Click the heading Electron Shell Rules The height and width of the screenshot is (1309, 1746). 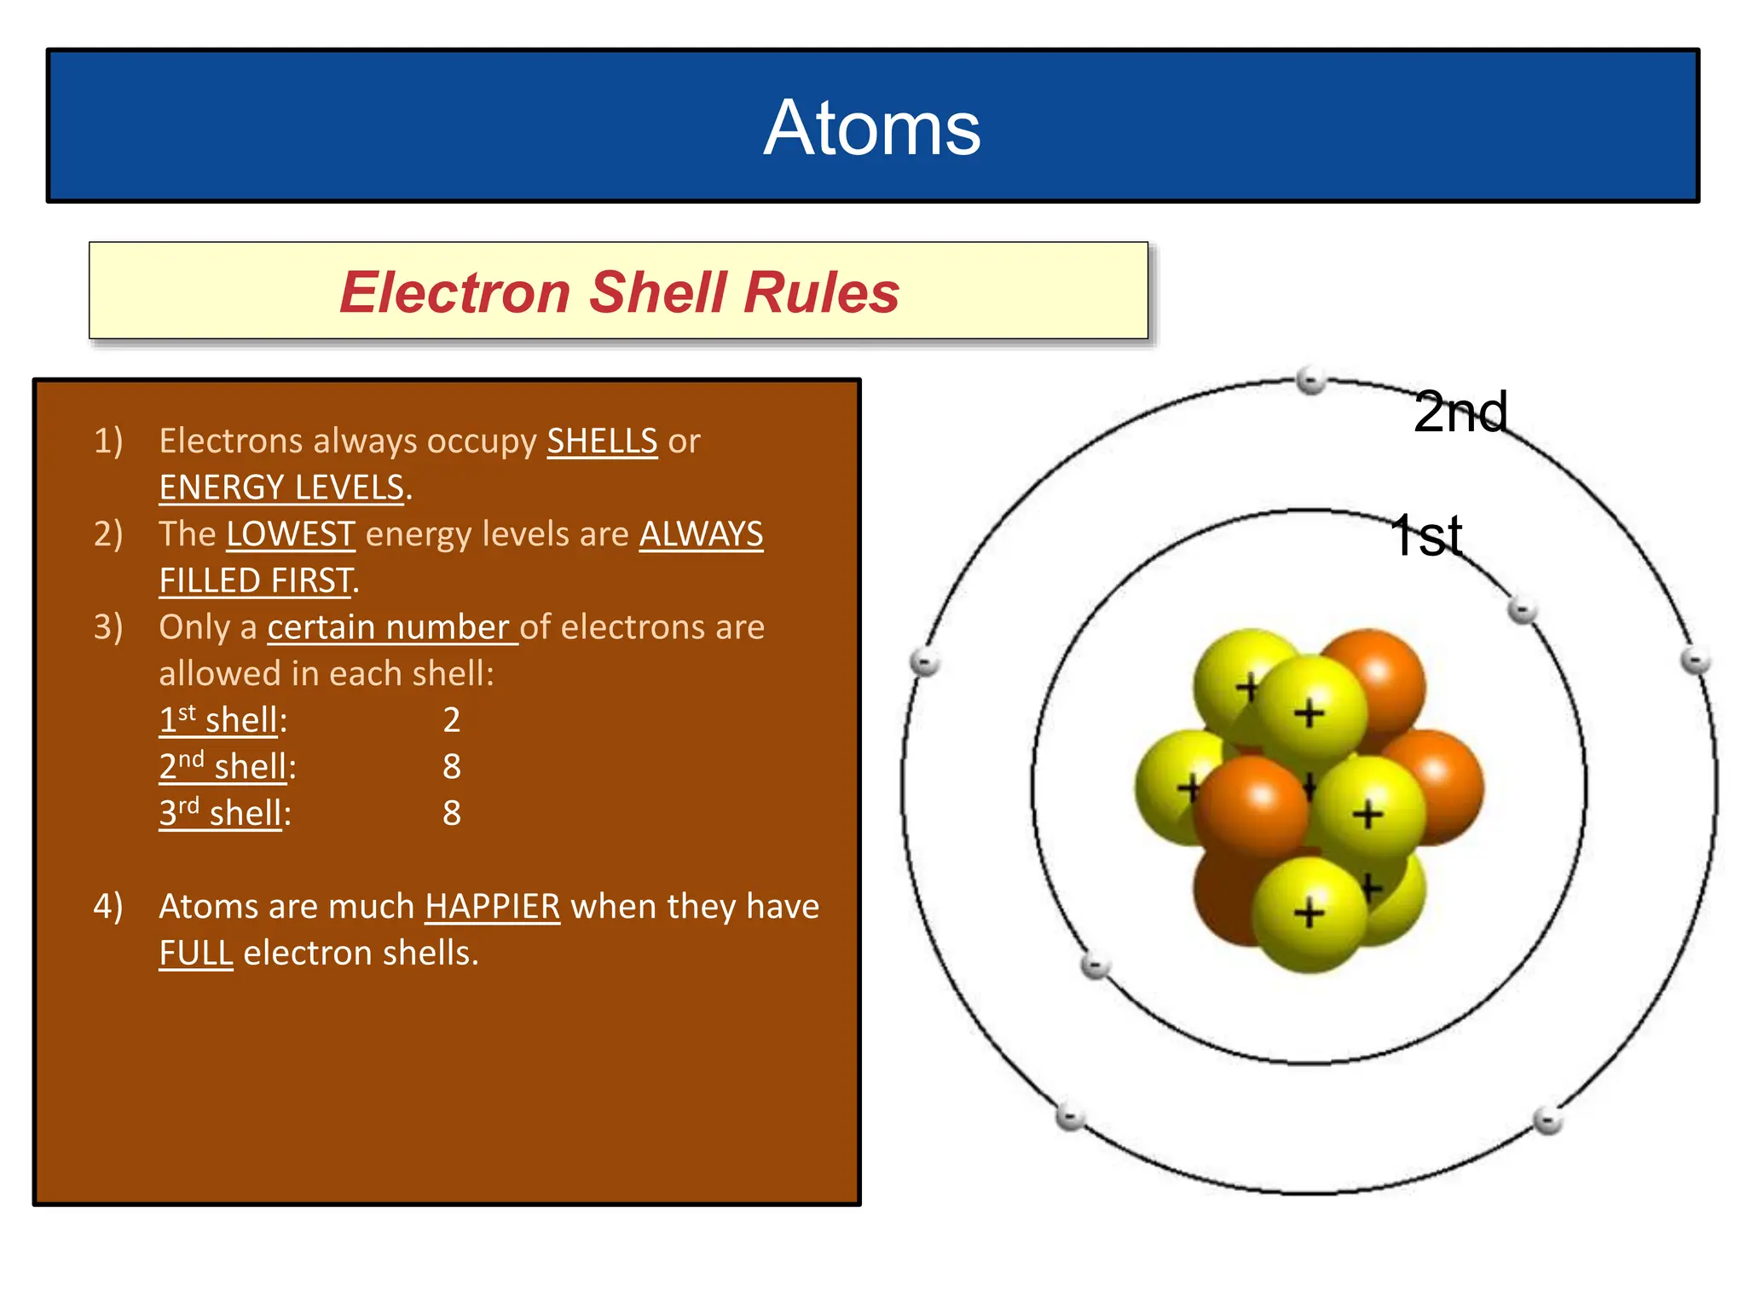(x=619, y=292)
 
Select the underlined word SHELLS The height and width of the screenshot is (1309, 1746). (x=602, y=441)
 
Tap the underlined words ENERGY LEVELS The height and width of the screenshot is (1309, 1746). (x=281, y=487)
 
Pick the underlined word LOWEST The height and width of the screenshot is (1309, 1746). (x=291, y=534)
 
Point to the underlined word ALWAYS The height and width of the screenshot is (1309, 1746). (x=701, y=534)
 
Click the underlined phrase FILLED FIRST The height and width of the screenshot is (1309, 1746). (x=256, y=581)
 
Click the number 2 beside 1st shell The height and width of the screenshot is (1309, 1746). (x=452, y=720)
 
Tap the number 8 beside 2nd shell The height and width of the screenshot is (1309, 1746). (x=452, y=767)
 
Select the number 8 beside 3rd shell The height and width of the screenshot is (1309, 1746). (x=452, y=813)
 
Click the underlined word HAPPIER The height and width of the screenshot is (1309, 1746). (x=493, y=907)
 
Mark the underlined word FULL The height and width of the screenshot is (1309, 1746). (x=196, y=953)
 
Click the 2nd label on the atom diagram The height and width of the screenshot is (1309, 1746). (x=1460, y=412)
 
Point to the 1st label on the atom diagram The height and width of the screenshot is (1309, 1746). (x=1426, y=536)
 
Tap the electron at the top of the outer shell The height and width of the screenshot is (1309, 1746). (x=1310, y=380)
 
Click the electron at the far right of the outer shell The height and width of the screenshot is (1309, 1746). (x=1695, y=660)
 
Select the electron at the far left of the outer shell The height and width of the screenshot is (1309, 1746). (x=925, y=661)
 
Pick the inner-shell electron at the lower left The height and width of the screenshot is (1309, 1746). (x=1095, y=966)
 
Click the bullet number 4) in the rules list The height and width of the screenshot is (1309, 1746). (x=108, y=907)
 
